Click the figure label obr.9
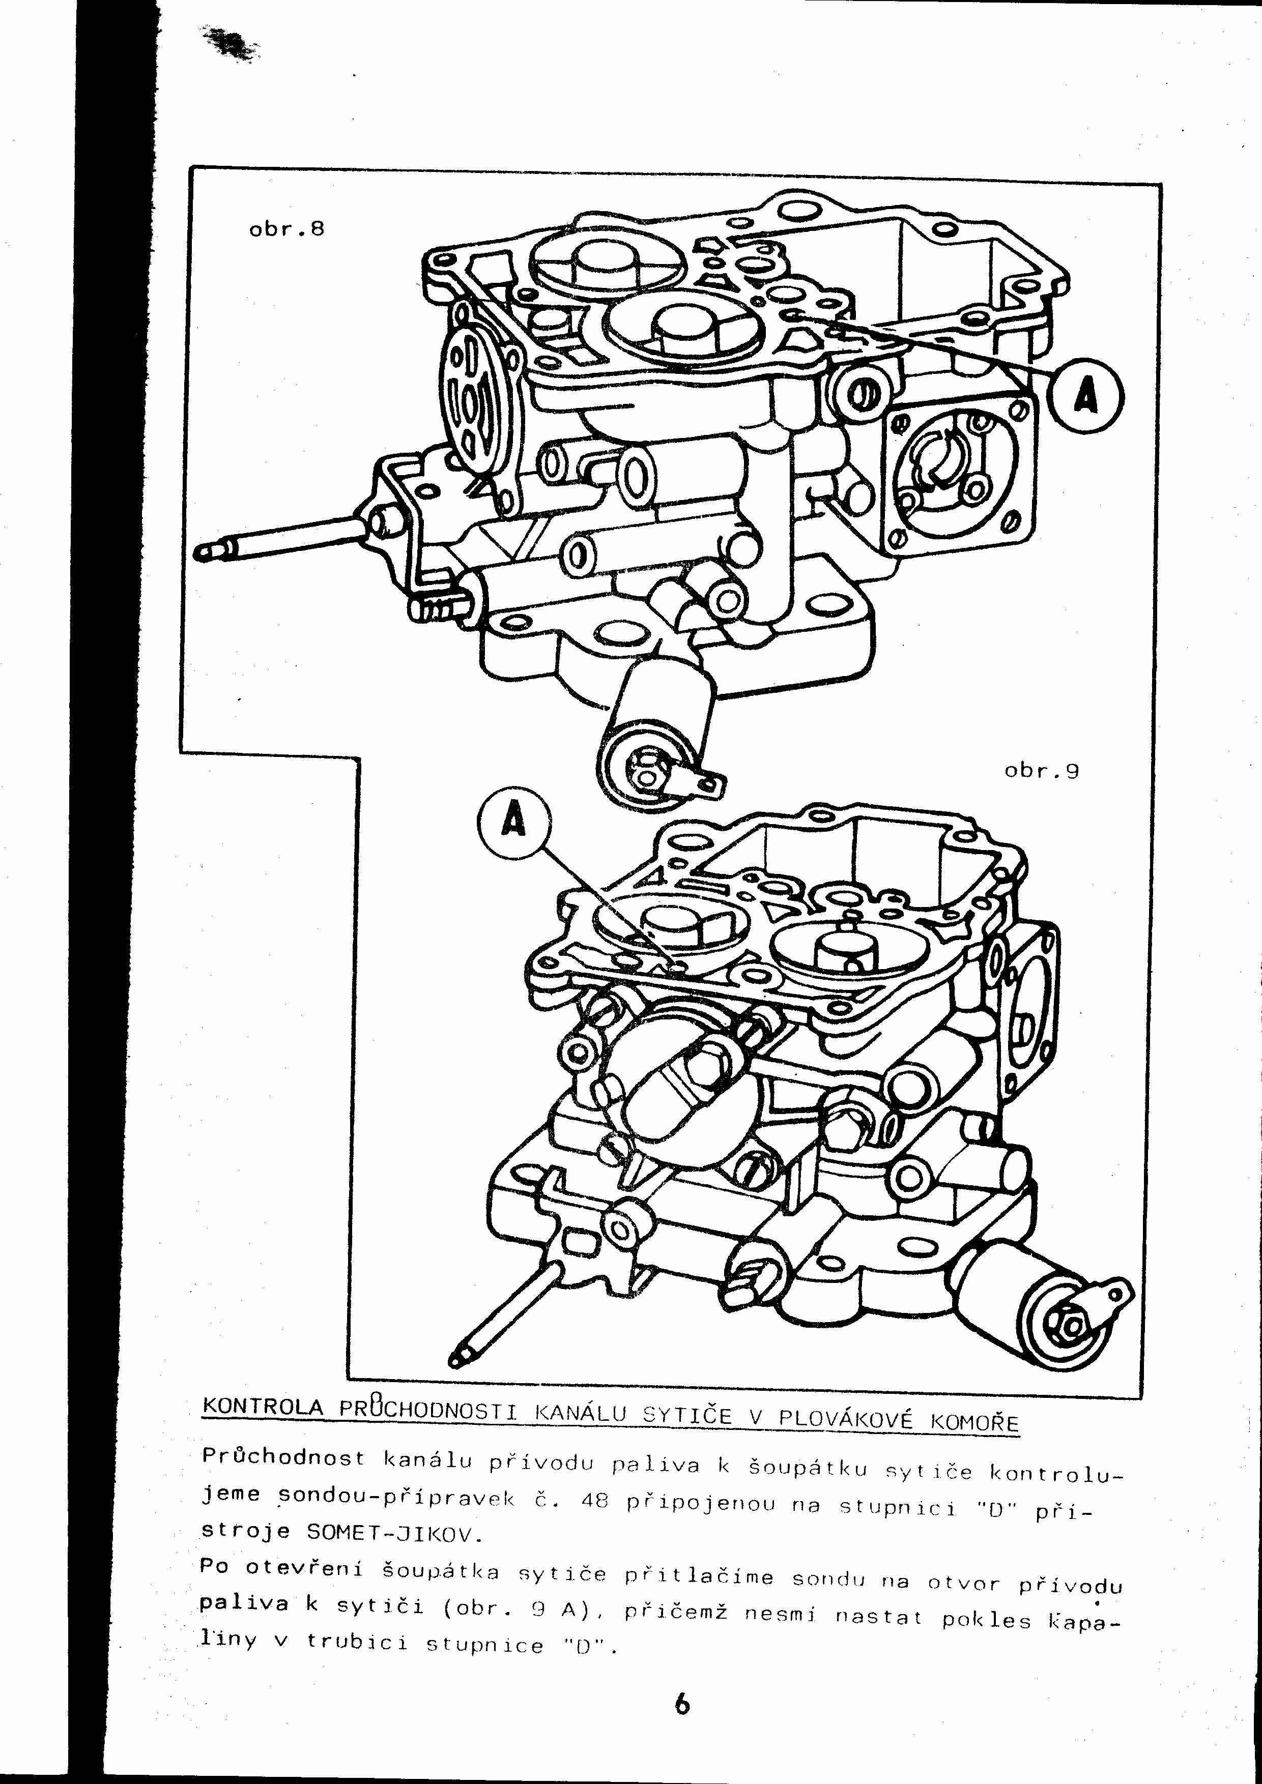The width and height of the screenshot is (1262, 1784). (x=1041, y=772)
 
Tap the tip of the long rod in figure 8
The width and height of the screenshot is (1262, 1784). (x=204, y=550)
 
